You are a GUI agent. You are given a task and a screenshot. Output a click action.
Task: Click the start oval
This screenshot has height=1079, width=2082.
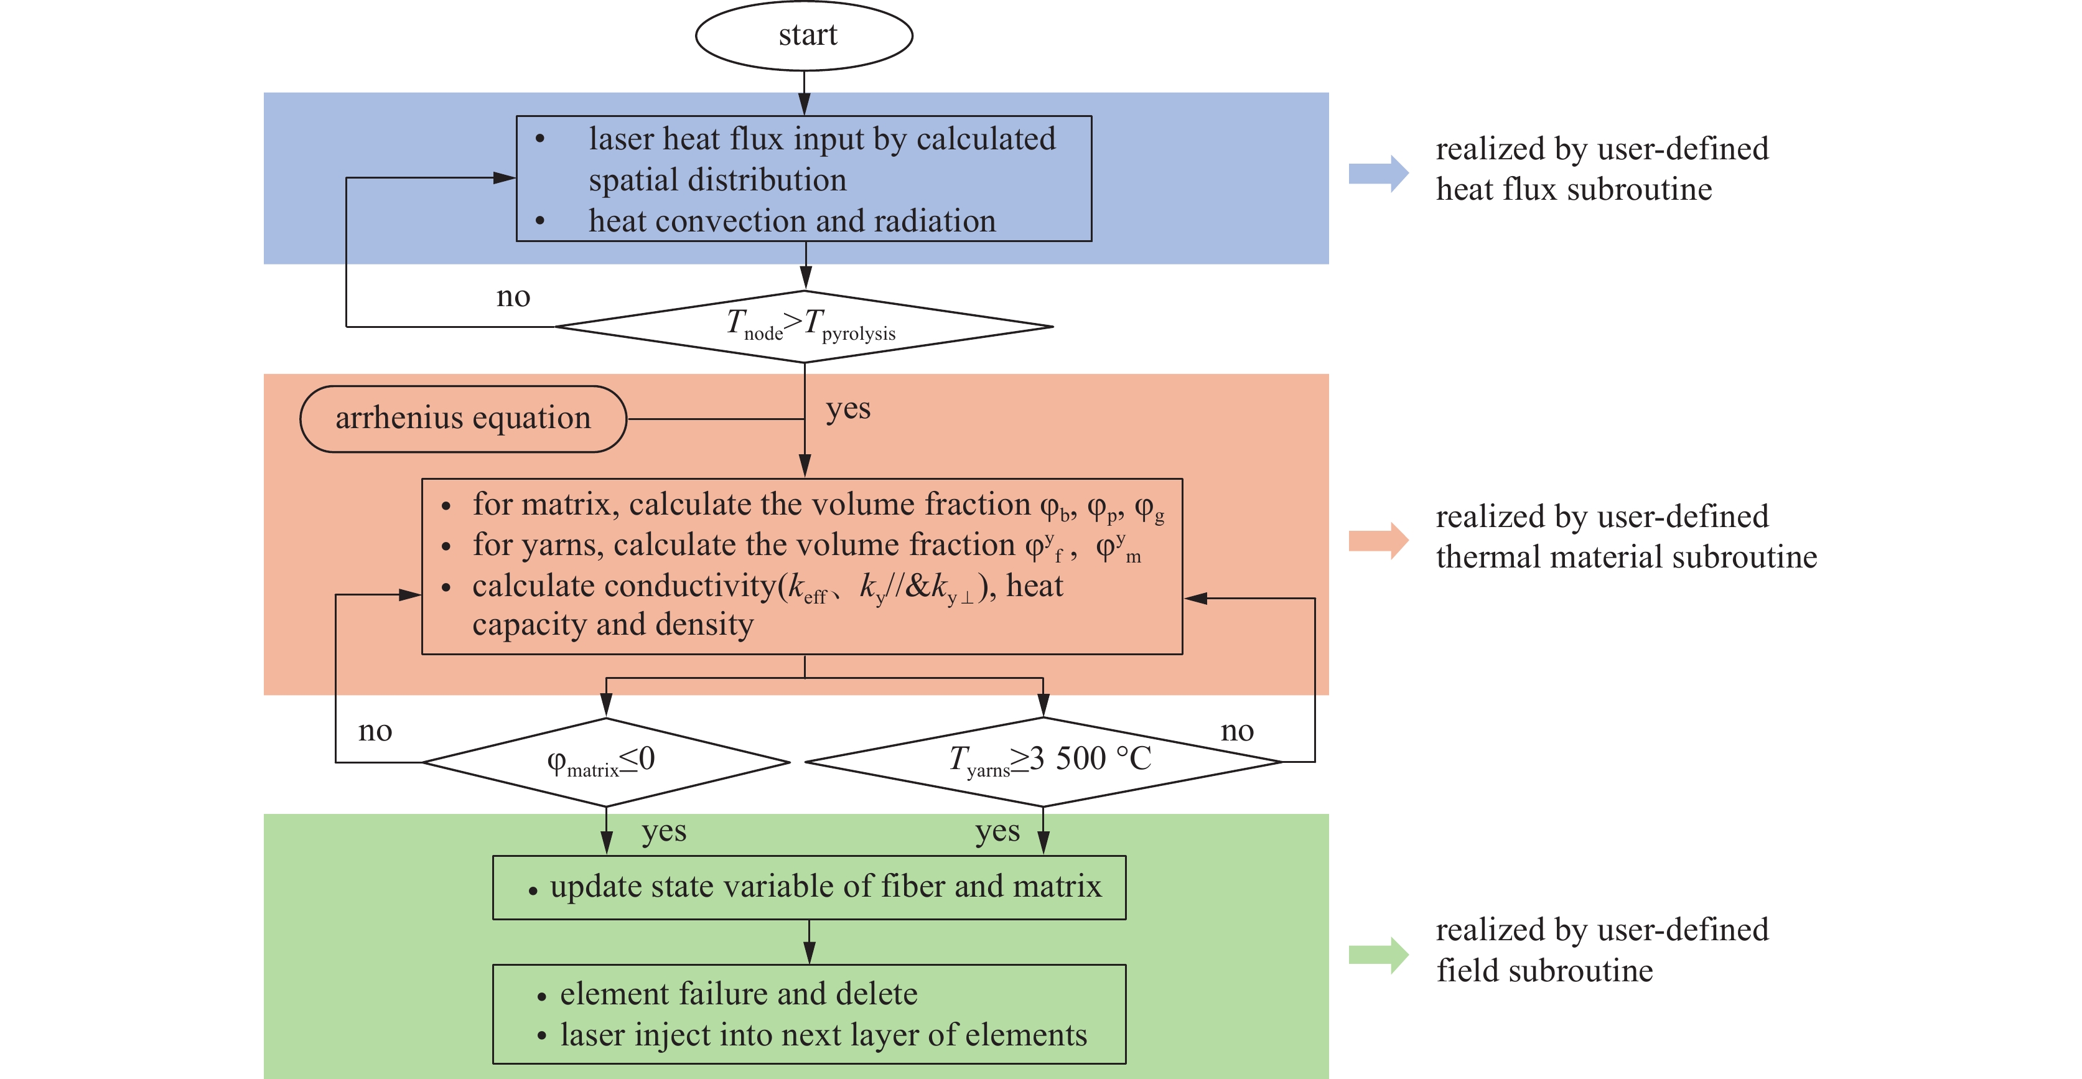tap(804, 35)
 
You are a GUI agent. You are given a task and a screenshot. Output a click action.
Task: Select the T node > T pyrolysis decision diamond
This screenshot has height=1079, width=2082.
tap(804, 327)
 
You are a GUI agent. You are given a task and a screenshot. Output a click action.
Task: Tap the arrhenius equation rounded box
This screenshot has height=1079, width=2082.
tap(463, 419)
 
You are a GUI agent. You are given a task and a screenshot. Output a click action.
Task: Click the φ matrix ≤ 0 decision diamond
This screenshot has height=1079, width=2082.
tap(605, 762)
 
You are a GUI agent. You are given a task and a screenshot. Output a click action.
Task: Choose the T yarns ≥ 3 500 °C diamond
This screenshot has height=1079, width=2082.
tap(1043, 762)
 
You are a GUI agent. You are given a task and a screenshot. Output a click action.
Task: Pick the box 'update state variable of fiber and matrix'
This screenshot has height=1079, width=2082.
tap(809, 887)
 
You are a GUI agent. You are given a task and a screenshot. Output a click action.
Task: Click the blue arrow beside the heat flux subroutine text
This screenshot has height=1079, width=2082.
tap(1378, 173)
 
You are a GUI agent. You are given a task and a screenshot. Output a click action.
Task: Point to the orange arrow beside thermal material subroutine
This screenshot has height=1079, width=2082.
tap(1378, 540)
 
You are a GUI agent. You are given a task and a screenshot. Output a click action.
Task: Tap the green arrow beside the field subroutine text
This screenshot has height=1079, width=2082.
tap(1378, 955)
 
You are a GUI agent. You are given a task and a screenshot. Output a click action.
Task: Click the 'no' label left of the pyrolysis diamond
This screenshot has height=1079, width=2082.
tap(513, 297)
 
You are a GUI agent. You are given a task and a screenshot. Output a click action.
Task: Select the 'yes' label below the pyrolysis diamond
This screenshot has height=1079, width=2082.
tap(848, 409)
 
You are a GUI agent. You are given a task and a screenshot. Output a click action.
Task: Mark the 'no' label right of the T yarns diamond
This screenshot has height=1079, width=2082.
tap(1236, 731)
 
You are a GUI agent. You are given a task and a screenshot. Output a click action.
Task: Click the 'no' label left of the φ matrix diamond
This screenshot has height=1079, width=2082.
tap(375, 731)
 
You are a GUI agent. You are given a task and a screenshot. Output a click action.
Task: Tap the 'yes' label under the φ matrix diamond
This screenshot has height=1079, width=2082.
tap(663, 831)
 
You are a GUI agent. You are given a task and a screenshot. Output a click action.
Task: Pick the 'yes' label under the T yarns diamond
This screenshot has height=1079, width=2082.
tap(997, 831)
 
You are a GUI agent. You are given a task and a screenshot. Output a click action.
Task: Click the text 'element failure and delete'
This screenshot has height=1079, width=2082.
tap(739, 993)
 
